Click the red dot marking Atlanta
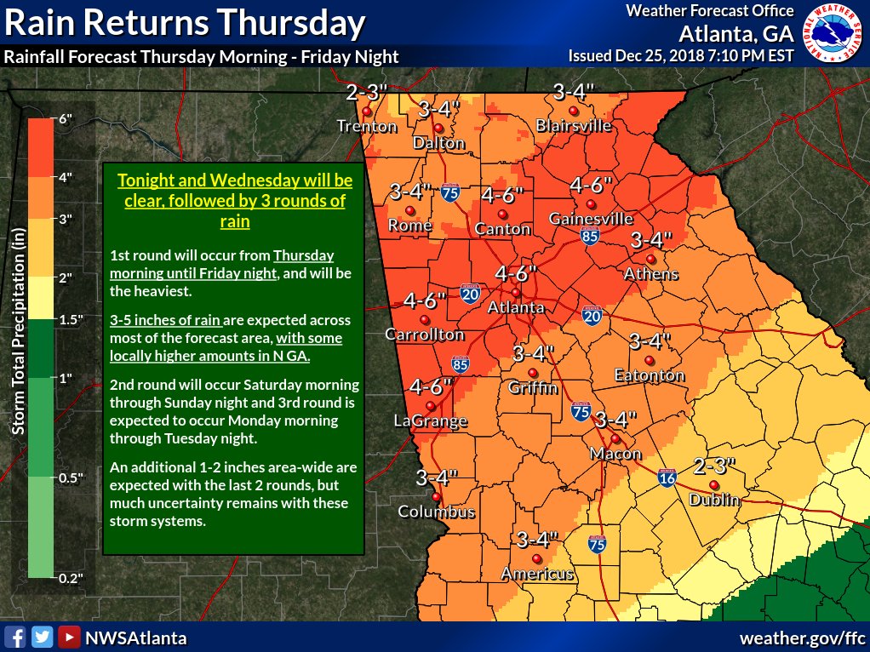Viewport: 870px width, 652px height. (x=515, y=292)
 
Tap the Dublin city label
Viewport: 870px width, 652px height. (x=714, y=500)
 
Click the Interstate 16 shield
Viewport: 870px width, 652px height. (x=668, y=479)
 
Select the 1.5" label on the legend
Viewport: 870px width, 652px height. (x=71, y=319)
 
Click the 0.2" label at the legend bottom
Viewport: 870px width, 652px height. (x=71, y=578)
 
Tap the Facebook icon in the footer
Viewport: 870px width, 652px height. (x=14, y=638)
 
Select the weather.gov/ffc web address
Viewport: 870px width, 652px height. (x=802, y=638)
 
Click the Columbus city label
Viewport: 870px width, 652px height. (x=437, y=512)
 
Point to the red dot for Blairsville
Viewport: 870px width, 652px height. (x=574, y=112)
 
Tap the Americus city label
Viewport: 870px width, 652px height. (x=537, y=574)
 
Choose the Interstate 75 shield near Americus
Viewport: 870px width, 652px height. (x=597, y=545)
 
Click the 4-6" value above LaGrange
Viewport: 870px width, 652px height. (x=430, y=387)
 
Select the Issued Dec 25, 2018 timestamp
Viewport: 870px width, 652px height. (x=681, y=56)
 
